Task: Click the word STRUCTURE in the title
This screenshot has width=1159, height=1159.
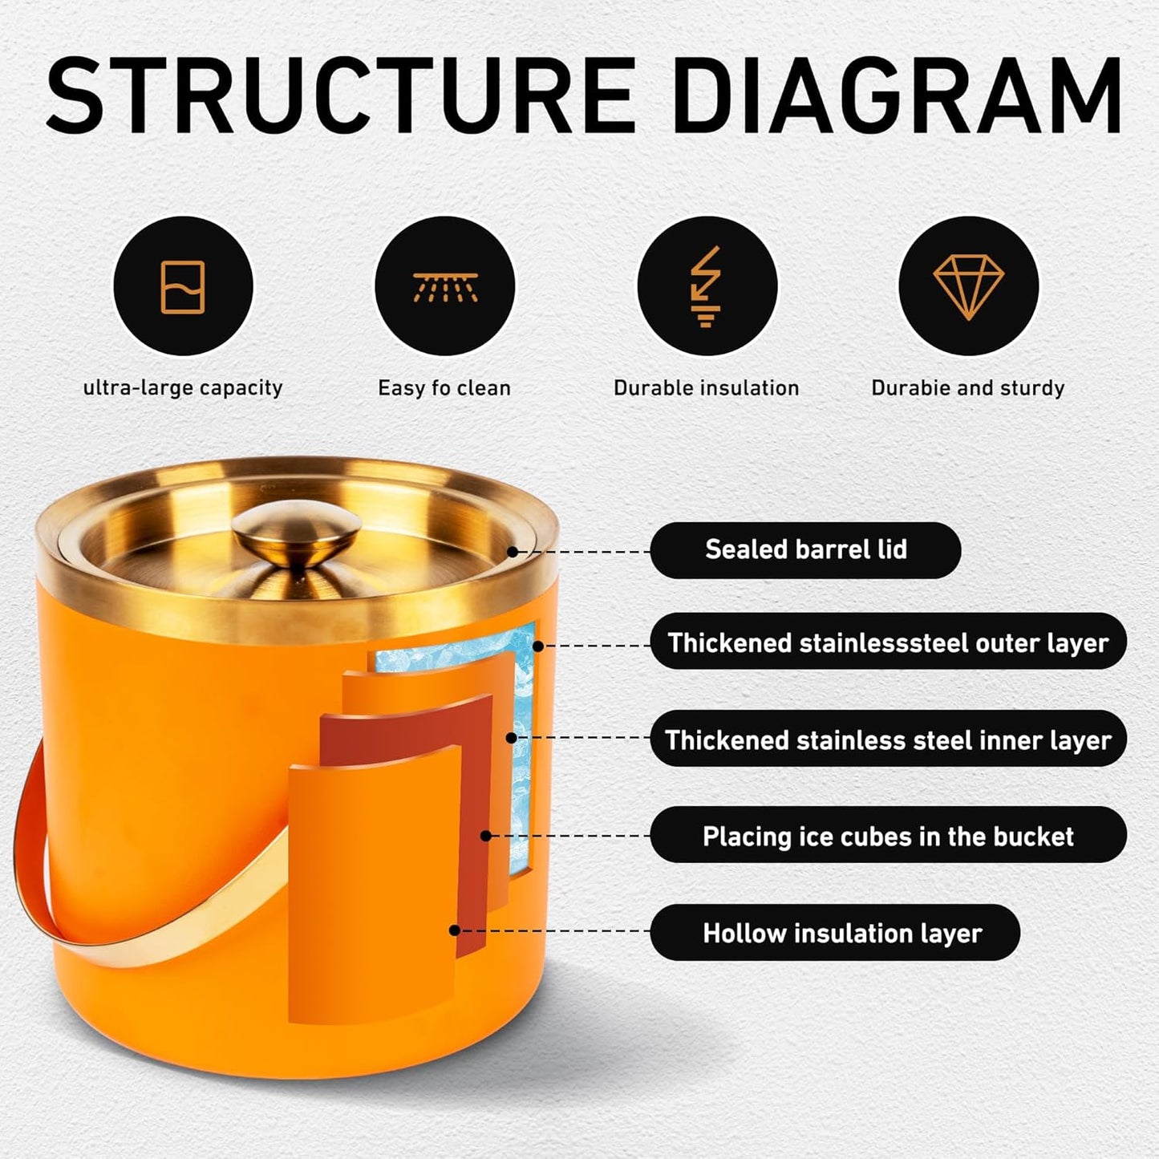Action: click(341, 96)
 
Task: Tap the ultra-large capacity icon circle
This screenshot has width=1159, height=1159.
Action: click(183, 286)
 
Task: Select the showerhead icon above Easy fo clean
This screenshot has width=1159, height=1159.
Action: click(445, 286)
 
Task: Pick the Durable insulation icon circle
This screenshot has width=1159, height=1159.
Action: click(707, 286)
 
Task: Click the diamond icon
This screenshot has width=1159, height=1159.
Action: click(968, 286)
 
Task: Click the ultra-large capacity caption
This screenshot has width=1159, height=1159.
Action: click(183, 388)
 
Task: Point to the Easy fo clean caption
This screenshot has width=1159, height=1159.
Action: click(444, 388)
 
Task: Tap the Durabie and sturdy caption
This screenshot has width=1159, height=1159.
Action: click(967, 388)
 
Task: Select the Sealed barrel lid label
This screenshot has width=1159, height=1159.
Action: click(805, 550)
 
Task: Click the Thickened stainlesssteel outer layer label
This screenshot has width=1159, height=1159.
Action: click(888, 642)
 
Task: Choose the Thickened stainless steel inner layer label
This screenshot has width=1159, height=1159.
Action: click(888, 740)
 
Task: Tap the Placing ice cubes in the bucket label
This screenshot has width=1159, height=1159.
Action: click(888, 836)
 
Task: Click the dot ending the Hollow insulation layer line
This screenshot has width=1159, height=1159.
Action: click(455, 930)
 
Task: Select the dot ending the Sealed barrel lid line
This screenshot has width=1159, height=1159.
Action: click(513, 552)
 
